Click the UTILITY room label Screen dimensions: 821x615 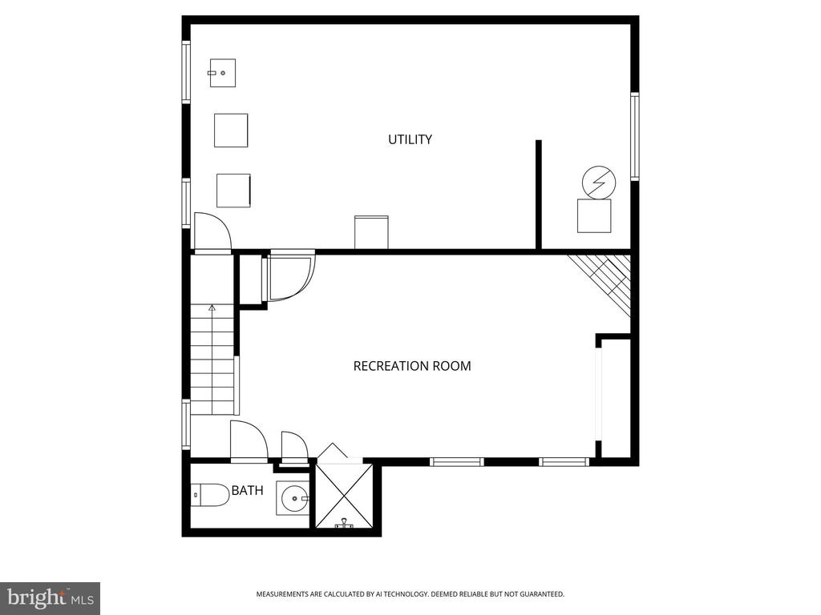(x=410, y=139)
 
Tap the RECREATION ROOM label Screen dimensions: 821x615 (x=412, y=366)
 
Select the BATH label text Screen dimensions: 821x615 (x=247, y=491)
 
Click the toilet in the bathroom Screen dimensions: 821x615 (x=209, y=495)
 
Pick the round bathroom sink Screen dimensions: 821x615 (x=293, y=498)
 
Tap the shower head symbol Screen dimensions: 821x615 (x=343, y=523)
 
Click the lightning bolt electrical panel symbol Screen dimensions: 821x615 (x=599, y=183)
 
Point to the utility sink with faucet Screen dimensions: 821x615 (x=223, y=73)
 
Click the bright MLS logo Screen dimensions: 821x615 (x=51, y=598)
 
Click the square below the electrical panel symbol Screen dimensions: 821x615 (x=594, y=216)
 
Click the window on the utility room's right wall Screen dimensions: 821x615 (x=635, y=136)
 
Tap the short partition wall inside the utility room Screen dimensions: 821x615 (x=538, y=195)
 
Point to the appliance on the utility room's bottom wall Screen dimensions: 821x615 (x=371, y=232)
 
